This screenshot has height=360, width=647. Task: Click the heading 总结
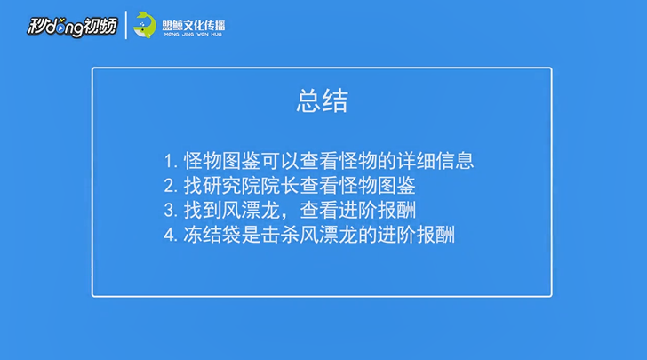323,100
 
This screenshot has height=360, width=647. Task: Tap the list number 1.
170,161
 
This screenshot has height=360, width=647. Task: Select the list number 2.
170,186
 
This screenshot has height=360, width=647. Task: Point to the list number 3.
170,211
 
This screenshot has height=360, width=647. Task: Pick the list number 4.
170,236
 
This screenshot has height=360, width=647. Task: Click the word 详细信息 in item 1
435,161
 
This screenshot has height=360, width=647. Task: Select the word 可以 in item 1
281,161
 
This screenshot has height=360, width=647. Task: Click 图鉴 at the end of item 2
396,186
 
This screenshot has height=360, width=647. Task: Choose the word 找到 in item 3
203,210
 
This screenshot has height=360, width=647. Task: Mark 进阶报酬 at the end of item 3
377,210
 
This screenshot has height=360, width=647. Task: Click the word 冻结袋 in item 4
212,235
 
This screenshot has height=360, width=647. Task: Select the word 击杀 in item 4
280,235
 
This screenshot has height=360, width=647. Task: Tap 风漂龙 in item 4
329,235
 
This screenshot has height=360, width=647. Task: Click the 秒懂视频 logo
72,27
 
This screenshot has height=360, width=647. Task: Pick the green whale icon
144,25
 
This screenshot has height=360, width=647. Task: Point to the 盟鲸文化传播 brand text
194,26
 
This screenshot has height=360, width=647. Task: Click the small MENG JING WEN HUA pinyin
193,35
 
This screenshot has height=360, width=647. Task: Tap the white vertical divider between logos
126,25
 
